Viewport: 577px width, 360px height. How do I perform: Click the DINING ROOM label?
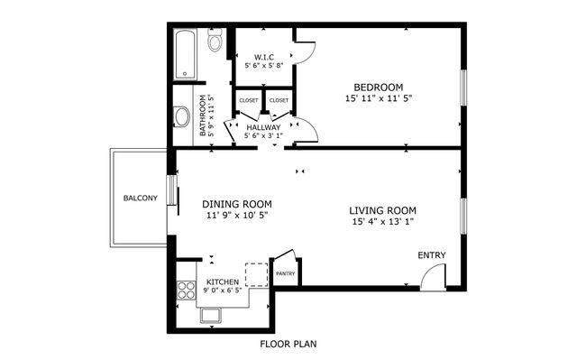(237, 204)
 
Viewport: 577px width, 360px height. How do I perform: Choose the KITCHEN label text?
(223, 282)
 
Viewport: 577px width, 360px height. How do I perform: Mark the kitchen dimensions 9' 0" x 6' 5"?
(223, 291)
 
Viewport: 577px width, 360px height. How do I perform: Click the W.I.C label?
(264, 56)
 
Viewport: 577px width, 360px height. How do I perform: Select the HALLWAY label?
(263, 127)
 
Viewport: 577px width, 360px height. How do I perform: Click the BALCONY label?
(140, 198)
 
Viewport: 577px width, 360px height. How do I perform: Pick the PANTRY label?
(285, 273)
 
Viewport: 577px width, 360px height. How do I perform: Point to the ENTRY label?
(431, 255)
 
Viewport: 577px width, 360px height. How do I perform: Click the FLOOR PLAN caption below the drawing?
(288, 344)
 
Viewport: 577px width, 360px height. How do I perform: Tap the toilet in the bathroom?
(215, 42)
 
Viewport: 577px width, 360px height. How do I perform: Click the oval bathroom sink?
(182, 115)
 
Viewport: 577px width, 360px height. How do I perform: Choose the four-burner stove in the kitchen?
(187, 291)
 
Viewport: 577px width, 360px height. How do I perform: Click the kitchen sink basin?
(213, 315)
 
